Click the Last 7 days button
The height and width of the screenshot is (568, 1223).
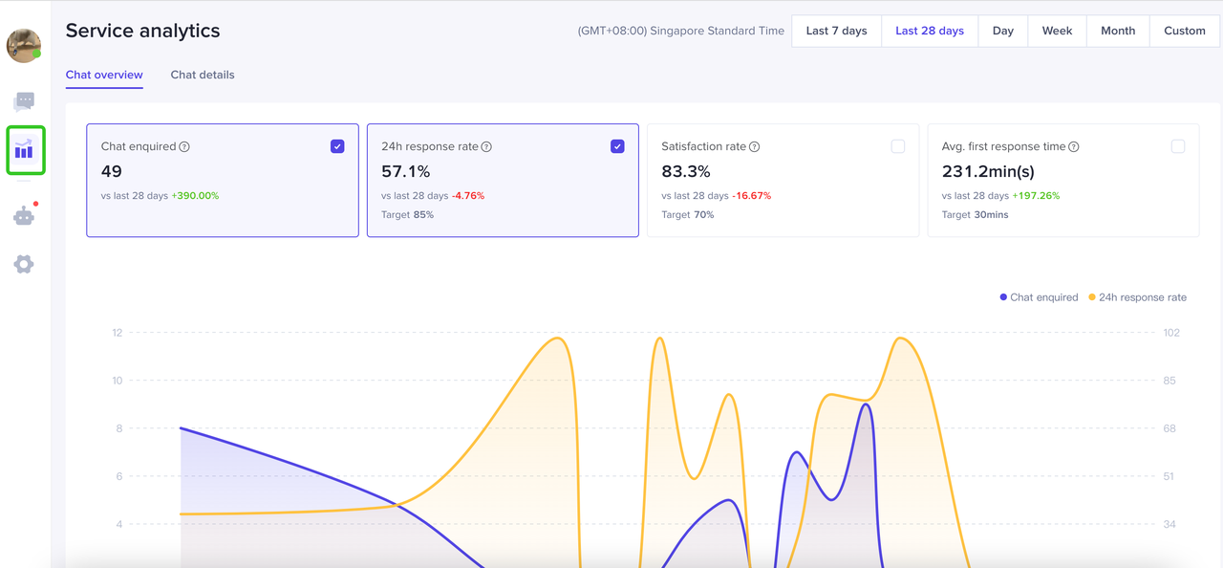[836, 31]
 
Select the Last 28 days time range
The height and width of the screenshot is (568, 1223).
[929, 31]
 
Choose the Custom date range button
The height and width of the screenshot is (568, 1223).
[1184, 31]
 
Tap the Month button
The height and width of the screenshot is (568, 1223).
[1117, 31]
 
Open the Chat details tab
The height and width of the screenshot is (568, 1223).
[202, 75]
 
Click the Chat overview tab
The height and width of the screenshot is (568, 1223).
[104, 75]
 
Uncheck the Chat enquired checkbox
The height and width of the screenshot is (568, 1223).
[337, 146]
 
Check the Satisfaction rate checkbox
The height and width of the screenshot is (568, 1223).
[897, 146]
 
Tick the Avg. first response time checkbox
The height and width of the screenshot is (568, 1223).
[1177, 146]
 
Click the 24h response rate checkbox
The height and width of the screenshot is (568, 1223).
[617, 146]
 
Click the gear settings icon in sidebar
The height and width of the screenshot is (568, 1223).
[24, 264]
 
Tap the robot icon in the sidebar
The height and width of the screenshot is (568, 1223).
[24, 216]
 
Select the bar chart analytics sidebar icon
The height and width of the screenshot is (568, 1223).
[24, 150]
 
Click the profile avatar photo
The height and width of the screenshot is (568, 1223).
[23, 45]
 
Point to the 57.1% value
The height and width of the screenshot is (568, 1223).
[405, 172]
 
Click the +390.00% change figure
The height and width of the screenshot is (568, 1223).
[195, 196]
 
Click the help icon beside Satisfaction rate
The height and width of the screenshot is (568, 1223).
[755, 147]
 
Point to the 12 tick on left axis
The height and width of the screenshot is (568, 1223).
[118, 333]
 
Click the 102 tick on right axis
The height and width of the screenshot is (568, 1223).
[1171, 333]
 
